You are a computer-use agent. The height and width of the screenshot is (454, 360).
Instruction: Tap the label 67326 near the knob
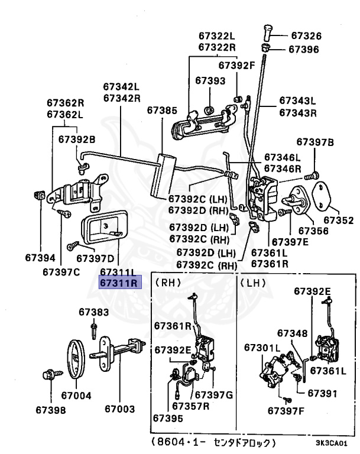point(306,35)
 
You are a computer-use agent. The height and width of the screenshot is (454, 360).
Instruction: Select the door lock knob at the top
point(267,33)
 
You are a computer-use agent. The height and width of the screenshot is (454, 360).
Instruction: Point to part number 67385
point(162,110)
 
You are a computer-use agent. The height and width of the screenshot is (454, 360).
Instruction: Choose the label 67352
point(339,220)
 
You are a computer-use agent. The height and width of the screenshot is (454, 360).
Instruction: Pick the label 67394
point(40,257)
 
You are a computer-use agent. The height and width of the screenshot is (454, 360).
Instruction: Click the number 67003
point(119,408)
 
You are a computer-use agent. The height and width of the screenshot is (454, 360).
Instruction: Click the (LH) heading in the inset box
point(253,283)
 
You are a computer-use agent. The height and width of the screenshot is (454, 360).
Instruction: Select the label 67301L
point(262,347)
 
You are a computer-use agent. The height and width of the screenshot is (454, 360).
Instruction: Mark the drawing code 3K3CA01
point(331,443)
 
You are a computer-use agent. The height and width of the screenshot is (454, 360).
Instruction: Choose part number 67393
point(210,80)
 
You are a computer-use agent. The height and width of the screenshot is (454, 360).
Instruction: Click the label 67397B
point(315,142)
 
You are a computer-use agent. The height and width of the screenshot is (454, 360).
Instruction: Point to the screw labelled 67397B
point(312,176)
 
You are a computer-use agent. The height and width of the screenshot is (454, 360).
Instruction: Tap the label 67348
point(292,333)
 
